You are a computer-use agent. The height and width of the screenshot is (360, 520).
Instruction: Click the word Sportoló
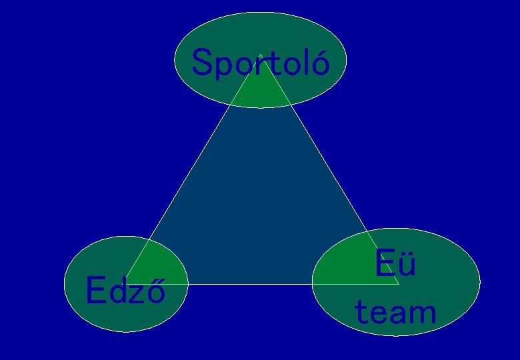260,64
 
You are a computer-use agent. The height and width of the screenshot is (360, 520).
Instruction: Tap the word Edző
125,291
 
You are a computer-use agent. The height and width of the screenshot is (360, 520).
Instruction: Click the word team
395,312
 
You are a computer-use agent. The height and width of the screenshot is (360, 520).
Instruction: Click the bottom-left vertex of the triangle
126,284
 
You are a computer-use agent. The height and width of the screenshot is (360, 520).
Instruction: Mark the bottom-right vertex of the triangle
399,284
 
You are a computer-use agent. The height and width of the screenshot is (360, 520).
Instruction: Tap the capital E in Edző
96,290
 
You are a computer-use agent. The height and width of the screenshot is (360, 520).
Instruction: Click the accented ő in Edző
156,291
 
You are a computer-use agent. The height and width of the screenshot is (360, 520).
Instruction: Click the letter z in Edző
137,293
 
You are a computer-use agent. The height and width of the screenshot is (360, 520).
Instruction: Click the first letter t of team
361,312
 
